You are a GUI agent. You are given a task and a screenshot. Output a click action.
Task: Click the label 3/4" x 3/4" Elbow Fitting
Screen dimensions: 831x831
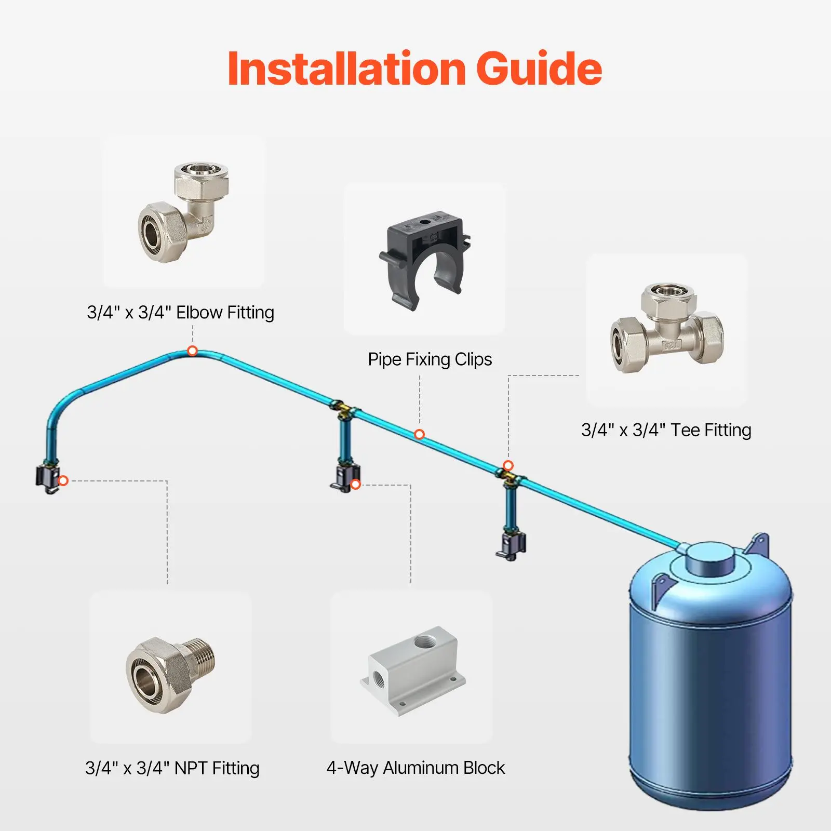180,313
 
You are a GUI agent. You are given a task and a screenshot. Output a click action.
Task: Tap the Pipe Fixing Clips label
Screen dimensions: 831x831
430,359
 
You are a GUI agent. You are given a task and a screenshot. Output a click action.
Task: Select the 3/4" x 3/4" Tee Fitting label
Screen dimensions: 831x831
666,430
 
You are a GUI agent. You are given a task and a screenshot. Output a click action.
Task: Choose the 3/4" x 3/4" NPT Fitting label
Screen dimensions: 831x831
172,768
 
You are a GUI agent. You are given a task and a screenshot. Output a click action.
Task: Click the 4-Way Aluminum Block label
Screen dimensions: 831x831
415,768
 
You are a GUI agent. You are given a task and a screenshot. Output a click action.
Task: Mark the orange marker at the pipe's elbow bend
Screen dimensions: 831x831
192,351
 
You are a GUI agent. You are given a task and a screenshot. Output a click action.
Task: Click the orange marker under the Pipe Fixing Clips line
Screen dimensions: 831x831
420,434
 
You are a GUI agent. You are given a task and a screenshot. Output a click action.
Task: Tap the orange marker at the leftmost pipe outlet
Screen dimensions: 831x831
63,481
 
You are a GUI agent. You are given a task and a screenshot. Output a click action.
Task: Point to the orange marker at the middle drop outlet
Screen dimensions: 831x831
356,485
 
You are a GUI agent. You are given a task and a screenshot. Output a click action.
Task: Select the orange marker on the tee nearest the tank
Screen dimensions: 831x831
508,465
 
